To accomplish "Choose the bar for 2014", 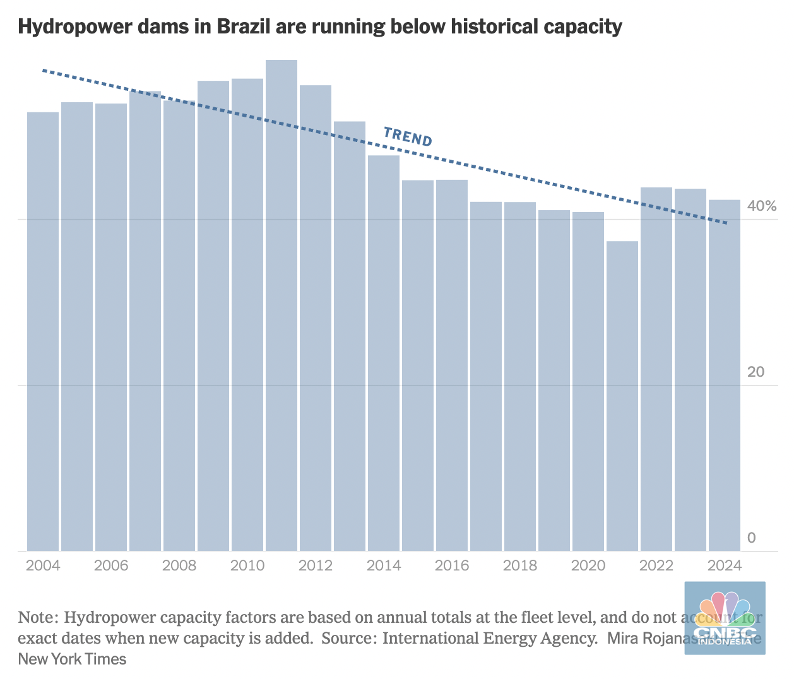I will pyautogui.click(x=384, y=353).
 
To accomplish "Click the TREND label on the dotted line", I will pyautogui.click(x=408, y=136).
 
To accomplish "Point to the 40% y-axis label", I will pyautogui.click(x=761, y=206).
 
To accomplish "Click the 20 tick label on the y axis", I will pyautogui.click(x=755, y=372).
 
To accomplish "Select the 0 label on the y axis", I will pyautogui.click(x=751, y=538).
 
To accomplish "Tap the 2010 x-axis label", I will pyautogui.click(x=247, y=565).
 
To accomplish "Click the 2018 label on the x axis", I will pyautogui.click(x=520, y=565).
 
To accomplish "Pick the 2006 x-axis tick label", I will pyautogui.click(x=111, y=565).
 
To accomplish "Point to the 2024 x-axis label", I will pyautogui.click(x=725, y=565).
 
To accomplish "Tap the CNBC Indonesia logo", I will pyautogui.click(x=725, y=617).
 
